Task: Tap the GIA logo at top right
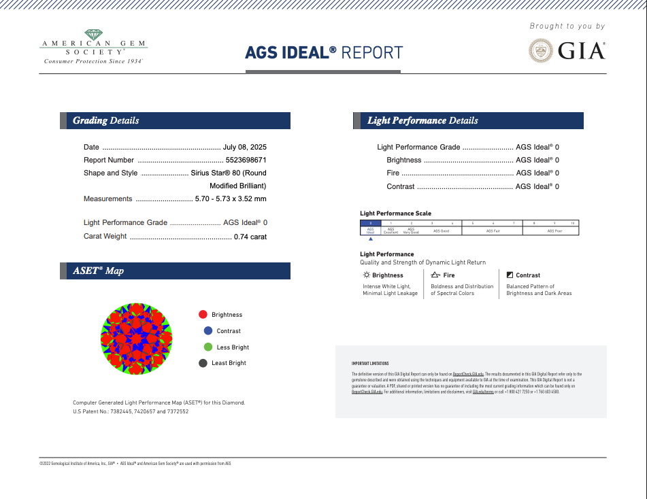click(567, 50)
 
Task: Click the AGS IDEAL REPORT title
click(324, 53)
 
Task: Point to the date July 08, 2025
click(244, 147)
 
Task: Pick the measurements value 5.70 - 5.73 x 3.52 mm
click(230, 199)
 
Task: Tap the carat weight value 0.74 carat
click(250, 237)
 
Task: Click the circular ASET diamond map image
click(137, 339)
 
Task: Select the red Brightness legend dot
click(203, 315)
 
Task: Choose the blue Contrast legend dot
click(208, 331)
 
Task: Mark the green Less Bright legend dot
click(208, 347)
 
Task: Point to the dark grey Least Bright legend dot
click(203, 363)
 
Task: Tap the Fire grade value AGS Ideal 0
click(537, 173)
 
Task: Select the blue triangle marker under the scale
click(370, 240)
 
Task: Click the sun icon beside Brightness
click(366, 275)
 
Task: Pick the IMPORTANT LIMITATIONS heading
click(370, 364)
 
